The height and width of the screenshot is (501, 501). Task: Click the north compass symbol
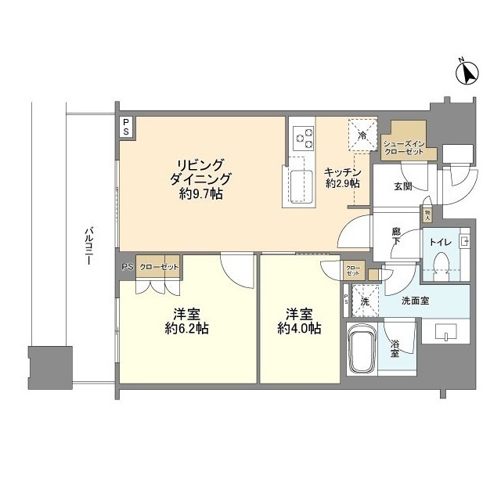point(468,74)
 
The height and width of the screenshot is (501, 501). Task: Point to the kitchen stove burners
point(303,139)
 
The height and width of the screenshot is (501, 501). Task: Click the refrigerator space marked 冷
point(362,135)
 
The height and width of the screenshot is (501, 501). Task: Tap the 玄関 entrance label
point(403,186)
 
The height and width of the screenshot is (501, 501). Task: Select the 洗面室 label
point(414,301)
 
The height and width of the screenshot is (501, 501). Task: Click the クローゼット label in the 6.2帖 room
point(159,267)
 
